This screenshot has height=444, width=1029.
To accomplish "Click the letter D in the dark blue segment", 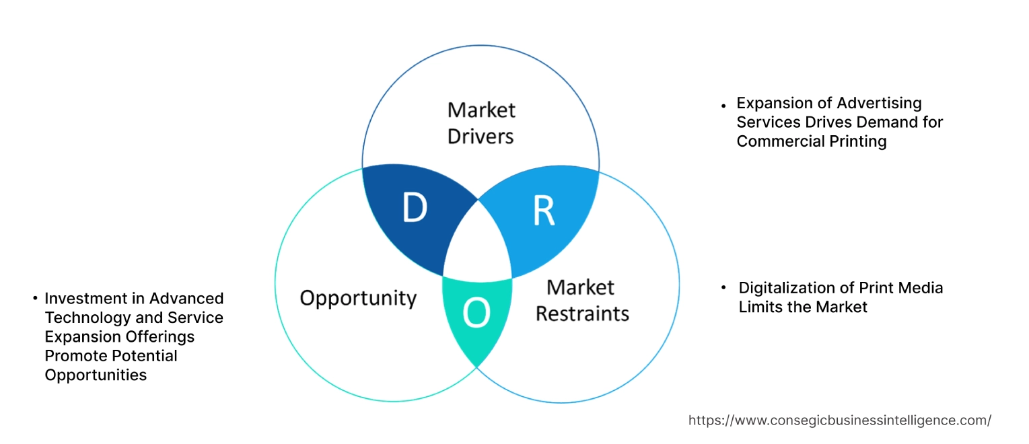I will coord(415,208).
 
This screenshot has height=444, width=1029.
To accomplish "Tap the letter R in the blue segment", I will coord(543,211).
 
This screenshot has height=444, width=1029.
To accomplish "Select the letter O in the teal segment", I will coord(476,314).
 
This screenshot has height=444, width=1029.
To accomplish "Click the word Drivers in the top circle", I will coord(481,137).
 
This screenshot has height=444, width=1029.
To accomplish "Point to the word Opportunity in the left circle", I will coord(358,298).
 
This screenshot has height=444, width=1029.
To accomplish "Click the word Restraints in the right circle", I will coord(582,313).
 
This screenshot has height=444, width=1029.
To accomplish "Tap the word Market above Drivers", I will coord(481,110).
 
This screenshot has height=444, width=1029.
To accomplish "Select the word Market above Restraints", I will coord(580,287).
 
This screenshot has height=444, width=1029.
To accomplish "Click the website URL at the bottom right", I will coord(839,420).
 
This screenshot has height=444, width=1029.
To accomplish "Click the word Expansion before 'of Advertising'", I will coord(775,103).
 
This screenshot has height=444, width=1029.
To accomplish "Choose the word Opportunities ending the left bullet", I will coord(96,375).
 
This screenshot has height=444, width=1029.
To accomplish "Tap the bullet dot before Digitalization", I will coord(723,288).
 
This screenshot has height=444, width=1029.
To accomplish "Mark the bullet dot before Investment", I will coord(34,298).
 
